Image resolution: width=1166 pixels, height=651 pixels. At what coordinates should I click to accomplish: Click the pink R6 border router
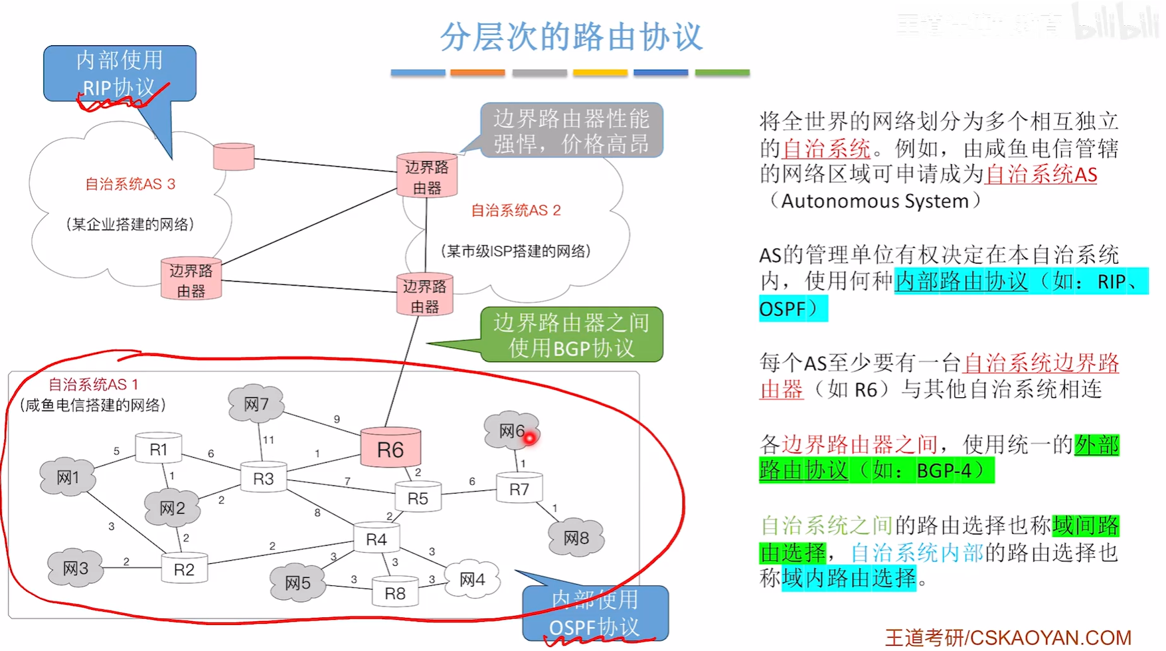pos(390,448)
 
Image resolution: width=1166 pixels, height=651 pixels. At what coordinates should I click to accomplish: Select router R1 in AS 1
pos(158,449)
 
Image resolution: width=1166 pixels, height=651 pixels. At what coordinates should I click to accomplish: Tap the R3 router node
pos(263,478)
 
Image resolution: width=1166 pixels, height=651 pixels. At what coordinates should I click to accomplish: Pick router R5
pos(418,498)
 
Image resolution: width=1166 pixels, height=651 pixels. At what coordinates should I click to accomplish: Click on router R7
pos(519,489)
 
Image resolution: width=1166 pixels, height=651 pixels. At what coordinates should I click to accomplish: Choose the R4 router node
pos(376,539)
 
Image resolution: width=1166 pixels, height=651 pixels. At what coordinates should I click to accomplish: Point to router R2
pos(184,569)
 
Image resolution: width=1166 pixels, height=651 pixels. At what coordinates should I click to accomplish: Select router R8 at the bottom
pos(394,593)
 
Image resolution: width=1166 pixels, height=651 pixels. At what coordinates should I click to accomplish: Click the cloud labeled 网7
pos(256,403)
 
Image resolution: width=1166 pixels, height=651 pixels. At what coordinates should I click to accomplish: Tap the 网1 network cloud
pos(68,477)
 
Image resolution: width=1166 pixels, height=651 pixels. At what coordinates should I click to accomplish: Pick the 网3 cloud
pos(75,568)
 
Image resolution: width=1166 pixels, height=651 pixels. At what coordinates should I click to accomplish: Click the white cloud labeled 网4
pos(472,579)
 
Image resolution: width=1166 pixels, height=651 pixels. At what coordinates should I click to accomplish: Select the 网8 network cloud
pos(576,537)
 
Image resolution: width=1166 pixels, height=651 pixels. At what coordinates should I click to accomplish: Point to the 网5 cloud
pos(297,583)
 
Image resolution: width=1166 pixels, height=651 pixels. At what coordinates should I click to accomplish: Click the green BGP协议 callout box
pos(571,335)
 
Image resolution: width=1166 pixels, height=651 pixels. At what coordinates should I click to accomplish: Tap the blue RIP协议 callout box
pos(120,73)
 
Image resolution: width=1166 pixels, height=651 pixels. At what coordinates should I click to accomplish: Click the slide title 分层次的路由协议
pos(571,36)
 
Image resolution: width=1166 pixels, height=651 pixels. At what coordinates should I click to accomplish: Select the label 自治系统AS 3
pos(130,184)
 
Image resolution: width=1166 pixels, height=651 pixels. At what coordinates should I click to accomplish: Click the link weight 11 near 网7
pos(268,440)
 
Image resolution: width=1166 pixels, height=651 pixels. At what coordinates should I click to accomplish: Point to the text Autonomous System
pos(874,201)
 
